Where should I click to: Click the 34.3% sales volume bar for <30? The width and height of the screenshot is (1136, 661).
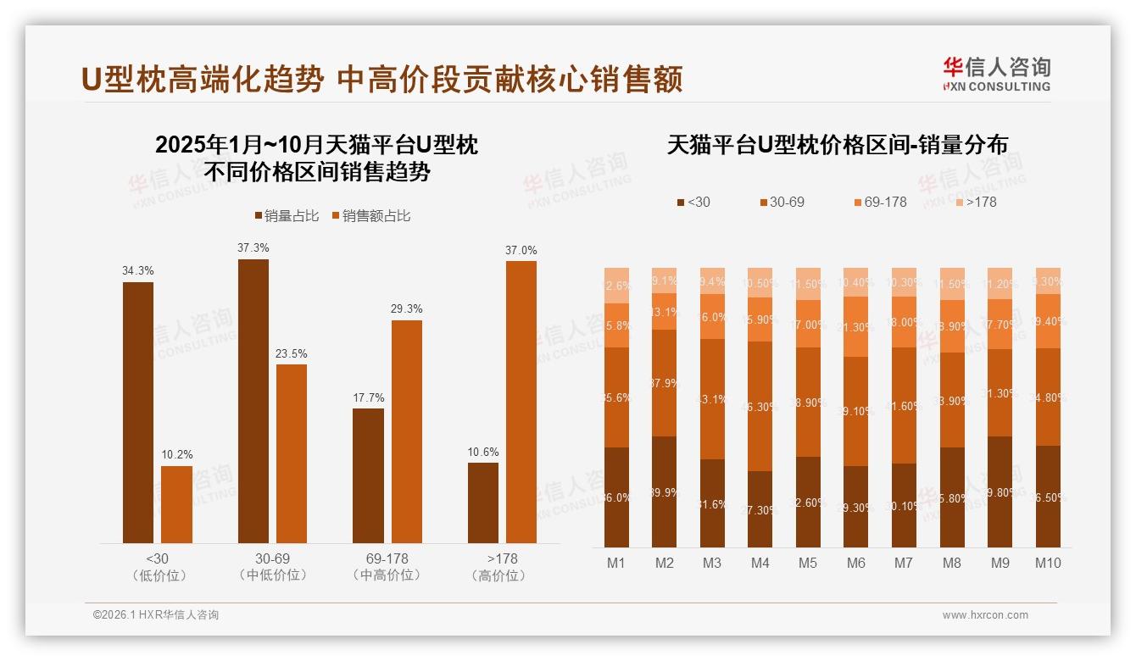[x=138, y=413]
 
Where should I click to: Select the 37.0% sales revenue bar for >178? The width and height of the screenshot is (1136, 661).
[x=521, y=402]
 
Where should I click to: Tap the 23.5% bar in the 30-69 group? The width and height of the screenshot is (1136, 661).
[x=292, y=453]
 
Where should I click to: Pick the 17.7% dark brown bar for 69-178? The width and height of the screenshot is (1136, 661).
[x=368, y=475]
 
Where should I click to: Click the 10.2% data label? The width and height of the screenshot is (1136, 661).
[x=177, y=455]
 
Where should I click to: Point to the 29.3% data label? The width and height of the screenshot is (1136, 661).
[x=406, y=309]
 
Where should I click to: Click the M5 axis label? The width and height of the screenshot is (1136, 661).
[x=808, y=563]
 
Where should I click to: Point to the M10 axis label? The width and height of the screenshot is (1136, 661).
[x=1048, y=563]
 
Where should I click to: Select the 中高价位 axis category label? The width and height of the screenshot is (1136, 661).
[x=387, y=575]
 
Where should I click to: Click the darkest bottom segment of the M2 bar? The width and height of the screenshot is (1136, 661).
[x=665, y=492]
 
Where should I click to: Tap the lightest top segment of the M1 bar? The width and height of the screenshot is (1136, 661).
[x=616, y=286]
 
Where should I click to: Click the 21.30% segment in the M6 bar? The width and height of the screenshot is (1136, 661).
[x=856, y=326]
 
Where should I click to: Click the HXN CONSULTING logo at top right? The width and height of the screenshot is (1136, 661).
[x=996, y=75]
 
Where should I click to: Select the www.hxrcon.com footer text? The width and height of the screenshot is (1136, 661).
[x=985, y=615]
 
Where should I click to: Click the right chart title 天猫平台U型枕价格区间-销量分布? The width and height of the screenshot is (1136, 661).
[x=837, y=145]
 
